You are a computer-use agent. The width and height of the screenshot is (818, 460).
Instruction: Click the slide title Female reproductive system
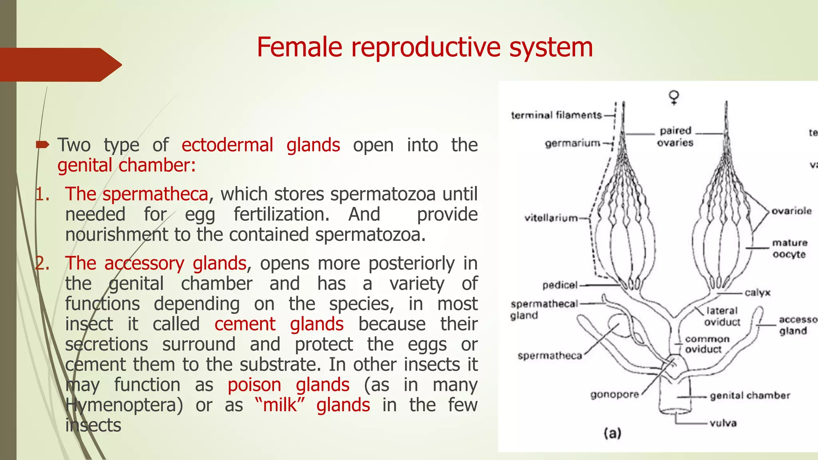425,47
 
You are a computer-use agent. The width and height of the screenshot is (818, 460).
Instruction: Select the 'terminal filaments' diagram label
556,115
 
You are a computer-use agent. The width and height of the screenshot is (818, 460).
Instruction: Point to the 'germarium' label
572,143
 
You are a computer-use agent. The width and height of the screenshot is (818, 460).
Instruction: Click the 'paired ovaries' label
675,137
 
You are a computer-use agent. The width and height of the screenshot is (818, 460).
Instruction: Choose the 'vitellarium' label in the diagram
551,218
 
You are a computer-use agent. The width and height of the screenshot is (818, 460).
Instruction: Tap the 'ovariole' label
791,211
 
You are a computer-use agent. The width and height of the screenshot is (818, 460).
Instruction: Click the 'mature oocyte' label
789,248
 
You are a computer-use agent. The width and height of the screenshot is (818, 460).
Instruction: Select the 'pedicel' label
560,285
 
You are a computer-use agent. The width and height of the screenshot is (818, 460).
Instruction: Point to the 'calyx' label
757,293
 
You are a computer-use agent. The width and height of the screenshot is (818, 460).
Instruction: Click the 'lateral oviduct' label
722,316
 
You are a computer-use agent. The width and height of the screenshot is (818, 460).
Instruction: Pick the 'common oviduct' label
707,344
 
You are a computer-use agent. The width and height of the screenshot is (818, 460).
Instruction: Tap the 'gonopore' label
614,395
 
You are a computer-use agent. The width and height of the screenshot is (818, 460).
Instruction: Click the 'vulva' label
723,423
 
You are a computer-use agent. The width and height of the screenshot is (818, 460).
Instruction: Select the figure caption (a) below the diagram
612,433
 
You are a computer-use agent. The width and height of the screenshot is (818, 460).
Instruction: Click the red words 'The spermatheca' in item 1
137,194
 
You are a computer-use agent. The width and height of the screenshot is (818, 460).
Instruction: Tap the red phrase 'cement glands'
279,324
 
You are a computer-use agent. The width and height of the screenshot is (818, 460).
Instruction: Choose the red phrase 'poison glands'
288,385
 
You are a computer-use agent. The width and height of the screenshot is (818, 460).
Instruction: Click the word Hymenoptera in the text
124,405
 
